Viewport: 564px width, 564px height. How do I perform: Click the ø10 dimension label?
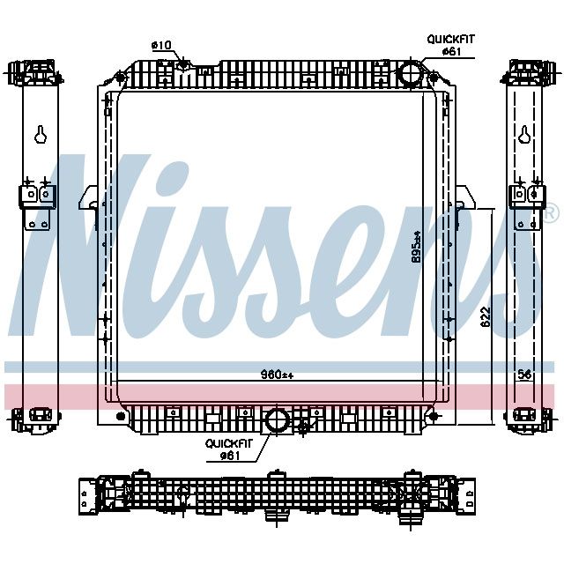pyautogui.click(x=161, y=44)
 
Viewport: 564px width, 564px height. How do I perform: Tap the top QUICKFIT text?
pyautogui.click(x=450, y=39)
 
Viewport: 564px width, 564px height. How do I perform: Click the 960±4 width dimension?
pyautogui.click(x=276, y=375)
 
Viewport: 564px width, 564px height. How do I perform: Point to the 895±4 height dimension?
pyautogui.click(x=417, y=246)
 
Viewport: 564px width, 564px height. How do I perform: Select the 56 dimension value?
pyautogui.click(x=525, y=375)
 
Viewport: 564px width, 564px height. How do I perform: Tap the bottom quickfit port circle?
pyautogui.click(x=278, y=420)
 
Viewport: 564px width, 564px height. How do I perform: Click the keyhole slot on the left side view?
pyautogui.click(x=41, y=135)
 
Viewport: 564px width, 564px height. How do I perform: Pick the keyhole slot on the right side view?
pyautogui.click(x=524, y=135)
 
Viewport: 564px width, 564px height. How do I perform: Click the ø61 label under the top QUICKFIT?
pyautogui.click(x=450, y=51)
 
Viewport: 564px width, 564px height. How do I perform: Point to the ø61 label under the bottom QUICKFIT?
pyautogui.click(x=230, y=456)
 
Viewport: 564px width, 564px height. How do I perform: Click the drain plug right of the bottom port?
pyautogui.click(x=304, y=427)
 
